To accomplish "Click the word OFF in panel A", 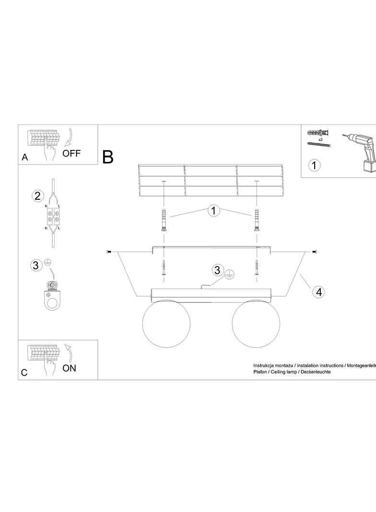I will pos(71,154).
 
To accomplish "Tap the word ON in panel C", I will pos(69,368).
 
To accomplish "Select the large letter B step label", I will pos(108,157).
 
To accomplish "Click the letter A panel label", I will pos(25,157).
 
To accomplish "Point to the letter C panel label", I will pos(24,372).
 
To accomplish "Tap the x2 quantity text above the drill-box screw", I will pos(320,139).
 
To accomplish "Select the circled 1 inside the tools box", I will pos(314,165).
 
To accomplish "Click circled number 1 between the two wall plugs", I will pos(213,210).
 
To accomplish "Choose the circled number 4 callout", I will pos(319,292).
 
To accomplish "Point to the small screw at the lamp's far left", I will pos(108,252).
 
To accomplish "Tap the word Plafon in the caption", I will pos(260,372).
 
